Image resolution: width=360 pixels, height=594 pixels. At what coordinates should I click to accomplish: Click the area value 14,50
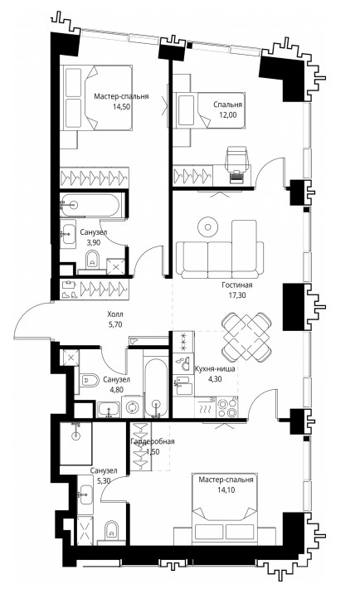tap(121, 106)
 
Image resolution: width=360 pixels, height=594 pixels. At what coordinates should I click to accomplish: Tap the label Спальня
tap(228, 105)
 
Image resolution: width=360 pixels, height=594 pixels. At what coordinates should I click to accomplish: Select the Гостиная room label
tap(237, 285)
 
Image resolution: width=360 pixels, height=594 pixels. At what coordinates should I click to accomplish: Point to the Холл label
tap(115, 314)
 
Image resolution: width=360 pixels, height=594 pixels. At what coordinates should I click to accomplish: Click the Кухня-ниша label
tap(215, 368)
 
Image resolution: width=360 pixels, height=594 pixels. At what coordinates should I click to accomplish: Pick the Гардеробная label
tap(153, 441)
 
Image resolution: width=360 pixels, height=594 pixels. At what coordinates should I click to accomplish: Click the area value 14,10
tap(226, 490)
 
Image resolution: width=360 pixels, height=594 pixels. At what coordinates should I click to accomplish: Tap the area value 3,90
tap(93, 243)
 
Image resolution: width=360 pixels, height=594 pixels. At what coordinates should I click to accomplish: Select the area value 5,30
tap(104, 481)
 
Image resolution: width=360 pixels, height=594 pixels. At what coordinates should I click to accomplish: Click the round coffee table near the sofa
tap(207, 227)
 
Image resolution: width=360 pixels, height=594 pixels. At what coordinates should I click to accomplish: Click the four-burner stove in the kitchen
tap(226, 408)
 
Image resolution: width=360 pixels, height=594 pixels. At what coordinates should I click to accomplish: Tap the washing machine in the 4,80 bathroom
tap(132, 407)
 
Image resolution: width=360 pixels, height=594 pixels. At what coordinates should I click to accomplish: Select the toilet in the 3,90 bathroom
tap(92, 260)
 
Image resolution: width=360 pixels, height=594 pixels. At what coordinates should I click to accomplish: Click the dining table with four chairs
tap(246, 337)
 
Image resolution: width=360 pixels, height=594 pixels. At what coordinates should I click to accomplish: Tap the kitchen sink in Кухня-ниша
tap(183, 385)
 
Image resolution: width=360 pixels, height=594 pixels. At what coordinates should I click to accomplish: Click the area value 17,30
tap(237, 295)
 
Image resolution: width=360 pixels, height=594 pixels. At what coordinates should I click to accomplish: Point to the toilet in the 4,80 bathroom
tap(87, 379)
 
